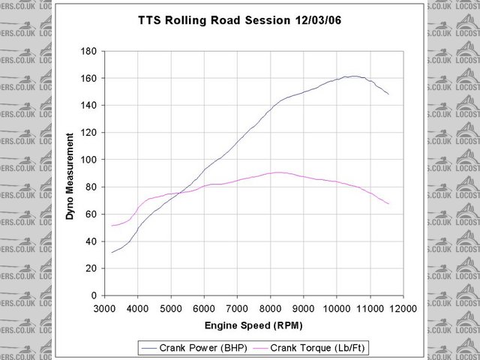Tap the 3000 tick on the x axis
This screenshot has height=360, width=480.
click(x=105, y=308)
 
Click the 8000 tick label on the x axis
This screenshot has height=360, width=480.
click(x=271, y=308)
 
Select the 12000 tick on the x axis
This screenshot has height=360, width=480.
click(x=403, y=308)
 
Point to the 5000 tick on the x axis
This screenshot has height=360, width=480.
click(x=171, y=308)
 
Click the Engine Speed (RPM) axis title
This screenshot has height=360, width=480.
click(x=253, y=326)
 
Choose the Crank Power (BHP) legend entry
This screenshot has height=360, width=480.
click(x=193, y=347)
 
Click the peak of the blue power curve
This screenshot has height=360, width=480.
click(x=353, y=76)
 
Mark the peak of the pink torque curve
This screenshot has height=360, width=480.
click(x=278, y=172)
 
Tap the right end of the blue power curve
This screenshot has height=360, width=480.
click(x=388, y=94)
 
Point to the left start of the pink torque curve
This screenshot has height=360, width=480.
click(x=112, y=225)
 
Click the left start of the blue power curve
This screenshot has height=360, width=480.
click(x=112, y=252)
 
